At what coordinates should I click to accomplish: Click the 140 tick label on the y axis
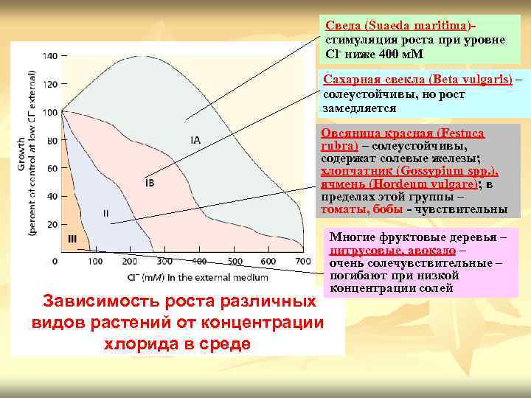50,56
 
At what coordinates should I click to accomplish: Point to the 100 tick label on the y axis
50,112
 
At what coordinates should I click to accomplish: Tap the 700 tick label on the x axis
303,262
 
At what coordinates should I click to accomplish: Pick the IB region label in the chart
150,182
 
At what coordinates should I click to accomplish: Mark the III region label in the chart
72,238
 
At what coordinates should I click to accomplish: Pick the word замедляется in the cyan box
359,108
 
